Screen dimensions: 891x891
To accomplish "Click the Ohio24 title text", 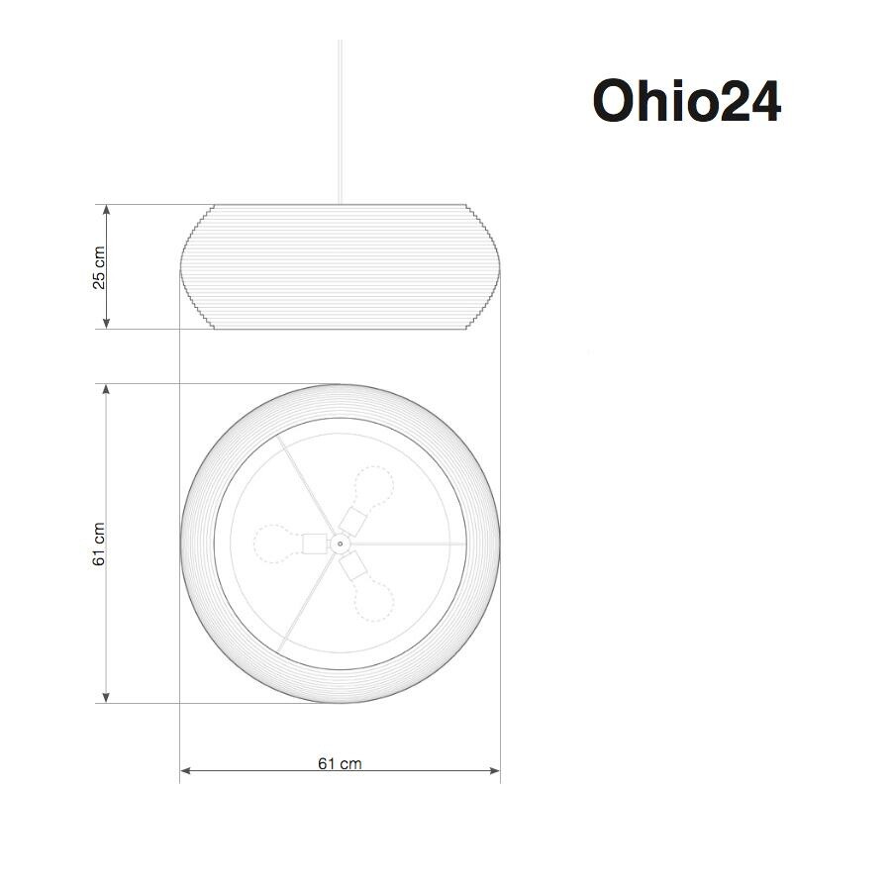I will tap(686, 101).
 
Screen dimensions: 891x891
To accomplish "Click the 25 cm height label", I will tap(99, 267).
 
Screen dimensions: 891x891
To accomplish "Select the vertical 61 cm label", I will tap(99, 544).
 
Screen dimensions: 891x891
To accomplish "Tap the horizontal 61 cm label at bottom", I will tap(340, 763).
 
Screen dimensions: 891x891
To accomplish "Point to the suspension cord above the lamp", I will tap(340, 119).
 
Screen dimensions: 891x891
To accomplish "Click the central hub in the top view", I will tap(340, 543).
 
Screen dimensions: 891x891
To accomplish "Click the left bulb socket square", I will tap(314, 543).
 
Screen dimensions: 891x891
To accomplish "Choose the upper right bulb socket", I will tap(353, 519).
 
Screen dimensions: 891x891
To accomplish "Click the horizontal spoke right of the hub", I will tap(406, 543).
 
